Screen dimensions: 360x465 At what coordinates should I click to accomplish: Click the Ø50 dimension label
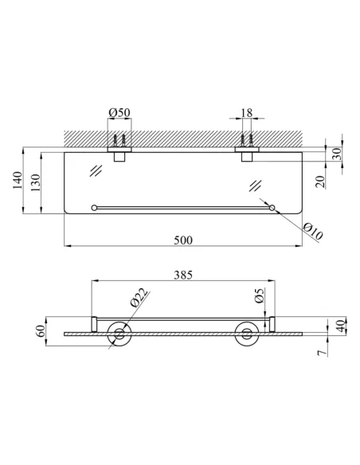click(119, 112)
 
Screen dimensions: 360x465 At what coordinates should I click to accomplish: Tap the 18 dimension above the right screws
click(247, 113)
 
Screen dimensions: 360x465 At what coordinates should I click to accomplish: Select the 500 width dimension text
click(183, 240)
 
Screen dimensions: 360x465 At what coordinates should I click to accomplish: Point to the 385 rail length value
click(183, 275)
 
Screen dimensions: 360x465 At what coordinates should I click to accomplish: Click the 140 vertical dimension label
click(18, 180)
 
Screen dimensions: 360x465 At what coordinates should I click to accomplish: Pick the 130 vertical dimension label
click(35, 182)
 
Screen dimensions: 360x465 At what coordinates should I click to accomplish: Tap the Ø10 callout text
click(313, 232)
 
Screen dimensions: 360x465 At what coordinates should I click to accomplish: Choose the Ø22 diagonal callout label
click(139, 298)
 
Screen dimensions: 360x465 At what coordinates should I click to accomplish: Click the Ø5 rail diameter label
click(259, 295)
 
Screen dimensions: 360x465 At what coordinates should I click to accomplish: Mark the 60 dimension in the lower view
click(41, 330)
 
